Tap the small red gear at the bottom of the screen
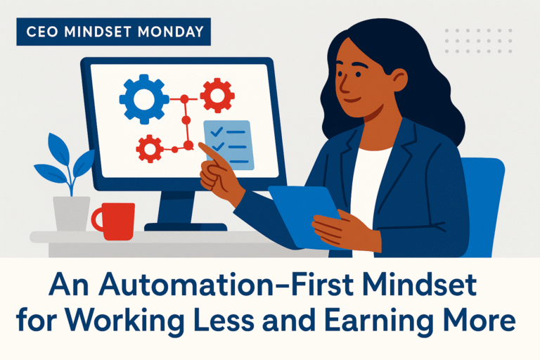click(149, 148)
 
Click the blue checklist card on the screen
click(228, 143)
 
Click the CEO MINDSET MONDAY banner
click(113, 32)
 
